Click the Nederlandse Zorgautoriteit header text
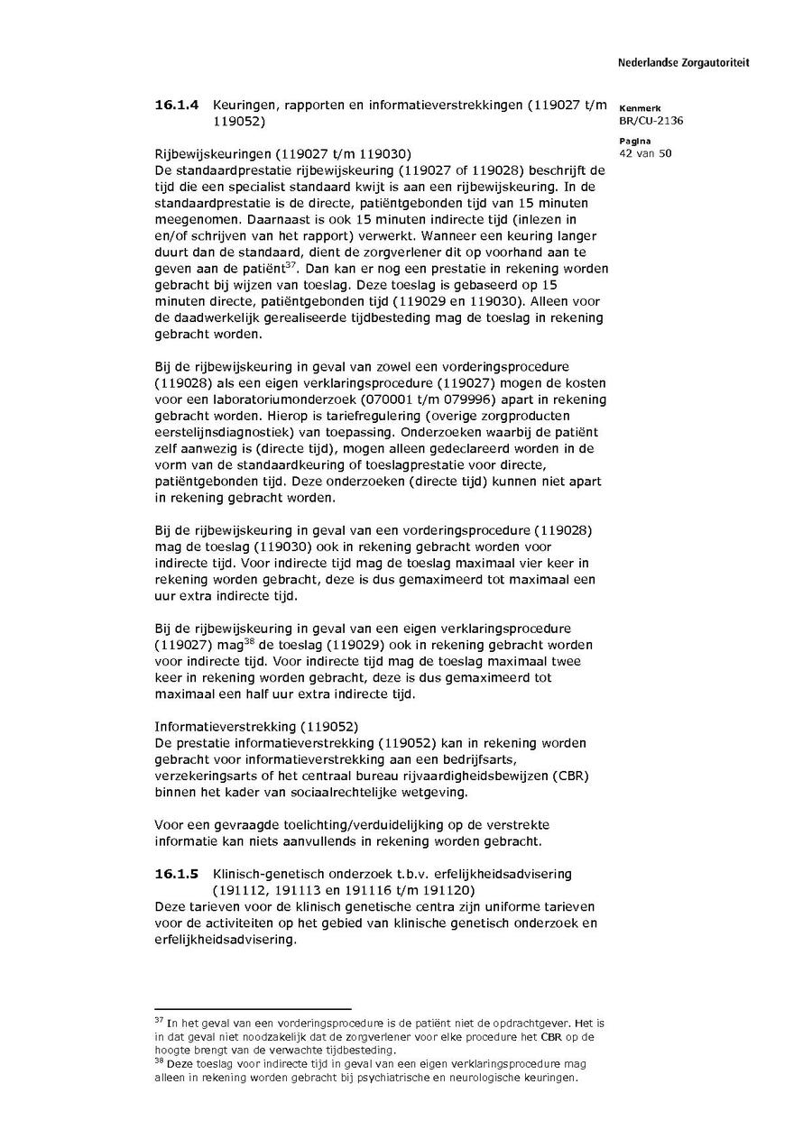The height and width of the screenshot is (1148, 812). (683, 63)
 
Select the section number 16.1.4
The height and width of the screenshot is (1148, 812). (177, 106)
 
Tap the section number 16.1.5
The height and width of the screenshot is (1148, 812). (177, 874)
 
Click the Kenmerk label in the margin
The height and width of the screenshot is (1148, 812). (640, 108)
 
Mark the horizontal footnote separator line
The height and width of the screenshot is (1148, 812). (253, 1009)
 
